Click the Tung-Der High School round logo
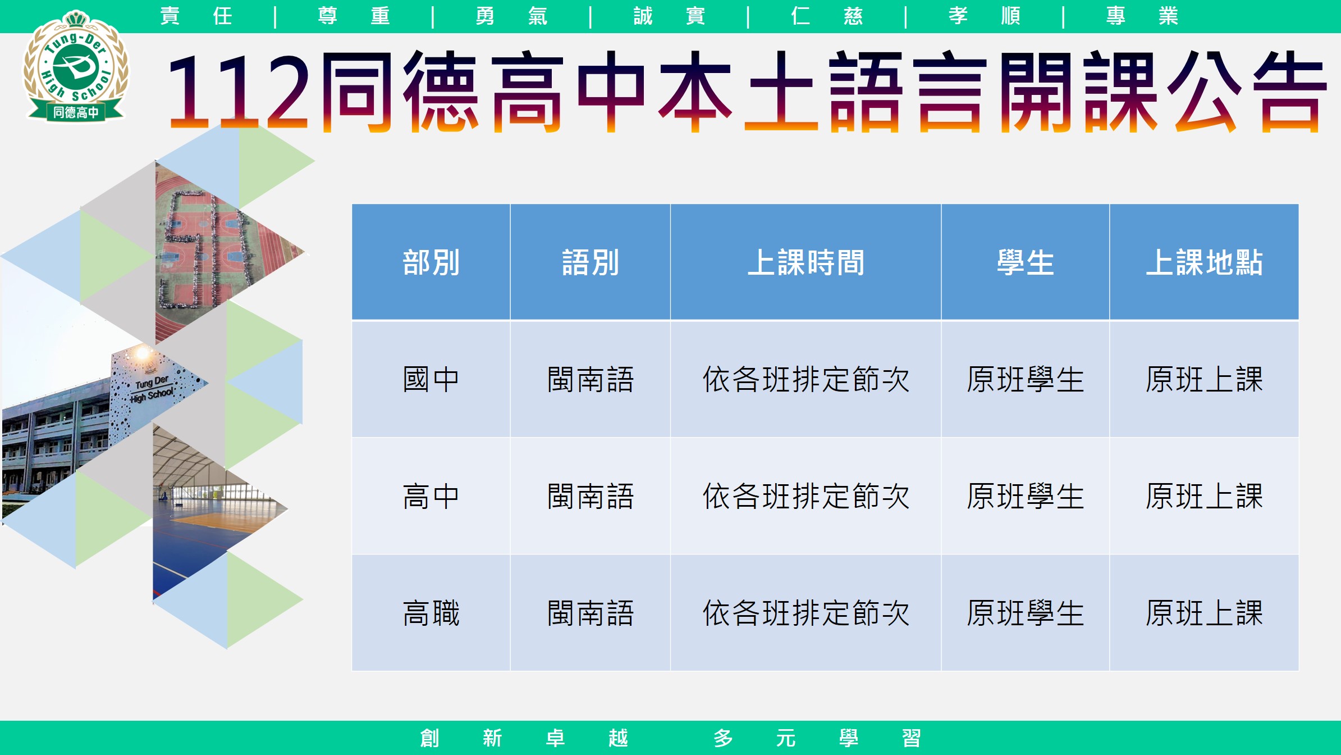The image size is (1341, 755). click(76, 66)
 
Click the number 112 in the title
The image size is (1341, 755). click(238, 92)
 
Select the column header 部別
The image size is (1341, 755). click(431, 262)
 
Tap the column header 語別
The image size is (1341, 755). click(591, 262)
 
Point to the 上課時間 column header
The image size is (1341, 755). click(805, 262)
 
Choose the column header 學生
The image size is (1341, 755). click(1025, 262)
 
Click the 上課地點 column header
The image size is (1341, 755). click(1204, 262)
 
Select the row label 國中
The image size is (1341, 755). click(431, 379)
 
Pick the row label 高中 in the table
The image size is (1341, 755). click(431, 496)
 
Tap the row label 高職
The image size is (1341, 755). click(431, 613)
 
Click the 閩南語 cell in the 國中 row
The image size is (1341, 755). click(591, 379)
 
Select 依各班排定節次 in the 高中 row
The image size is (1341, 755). click(805, 496)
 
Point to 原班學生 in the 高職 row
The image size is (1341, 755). click(1025, 613)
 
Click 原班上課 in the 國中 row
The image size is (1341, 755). click(1204, 379)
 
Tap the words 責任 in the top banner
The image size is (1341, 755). click(196, 16)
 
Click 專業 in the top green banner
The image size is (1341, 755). click(1142, 16)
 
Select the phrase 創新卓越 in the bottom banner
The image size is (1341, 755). click(524, 738)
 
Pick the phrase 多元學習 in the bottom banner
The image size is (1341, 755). click(817, 738)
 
